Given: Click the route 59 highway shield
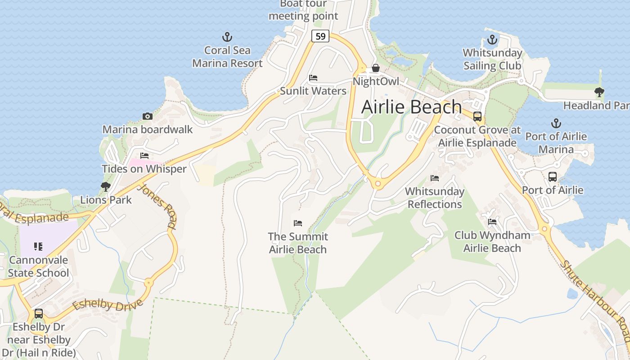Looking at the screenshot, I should pos(320,36).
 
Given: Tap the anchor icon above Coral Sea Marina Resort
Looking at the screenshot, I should pos(227,37).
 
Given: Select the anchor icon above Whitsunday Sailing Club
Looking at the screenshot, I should pos(492,40).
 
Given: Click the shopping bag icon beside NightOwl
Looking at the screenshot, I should pos(376,68).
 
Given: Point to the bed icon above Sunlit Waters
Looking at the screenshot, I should pos(313,78).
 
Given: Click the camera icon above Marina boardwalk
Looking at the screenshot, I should pos(147,116).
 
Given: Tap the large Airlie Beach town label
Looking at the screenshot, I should pos(411,107).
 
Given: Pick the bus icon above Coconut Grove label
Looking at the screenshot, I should pos(477,117).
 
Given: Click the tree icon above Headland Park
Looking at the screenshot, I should pos(599,92).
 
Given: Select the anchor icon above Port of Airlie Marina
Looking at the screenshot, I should pos(556,123).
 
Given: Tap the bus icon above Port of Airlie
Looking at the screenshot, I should pos(553,177).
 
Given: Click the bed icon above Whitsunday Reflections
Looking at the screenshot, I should pos(435,178).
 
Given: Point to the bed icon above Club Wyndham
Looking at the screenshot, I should pos(492,222).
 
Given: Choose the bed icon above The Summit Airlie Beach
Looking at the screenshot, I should pos(298,223).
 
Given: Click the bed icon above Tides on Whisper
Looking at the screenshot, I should pos(144,156).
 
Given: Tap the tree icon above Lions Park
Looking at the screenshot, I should pos(106,186).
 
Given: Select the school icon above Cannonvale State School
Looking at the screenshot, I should pos(38,247).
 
